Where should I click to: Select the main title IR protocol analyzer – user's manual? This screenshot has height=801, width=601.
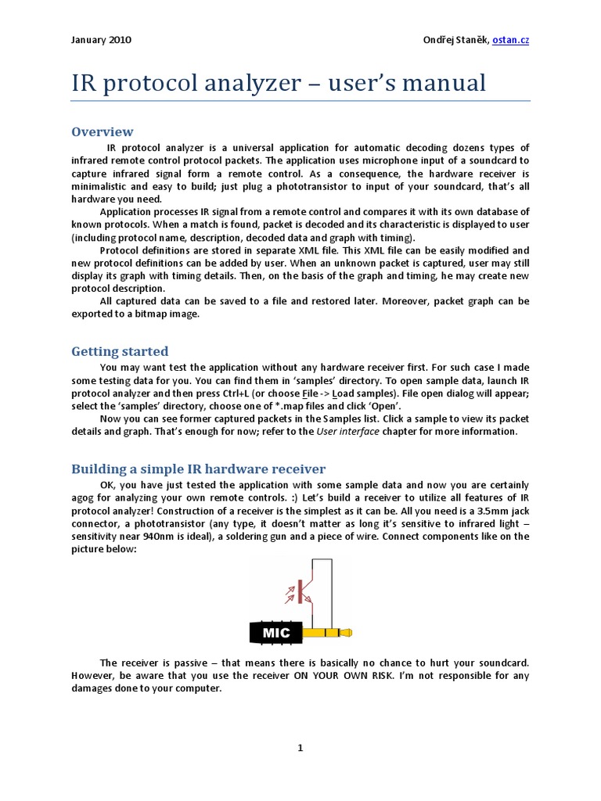pyautogui.click(x=279, y=83)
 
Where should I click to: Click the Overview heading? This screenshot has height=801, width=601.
pyautogui.click(x=103, y=131)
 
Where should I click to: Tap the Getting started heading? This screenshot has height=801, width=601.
pyautogui.click(x=120, y=351)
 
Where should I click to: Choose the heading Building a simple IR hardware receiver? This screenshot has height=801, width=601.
pyautogui.click(x=199, y=469)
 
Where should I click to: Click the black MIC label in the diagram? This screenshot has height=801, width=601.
pyautogui.click(x=275, y=632)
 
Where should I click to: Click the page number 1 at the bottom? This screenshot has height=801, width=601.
pyautogui.click(x=300, y=749)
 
